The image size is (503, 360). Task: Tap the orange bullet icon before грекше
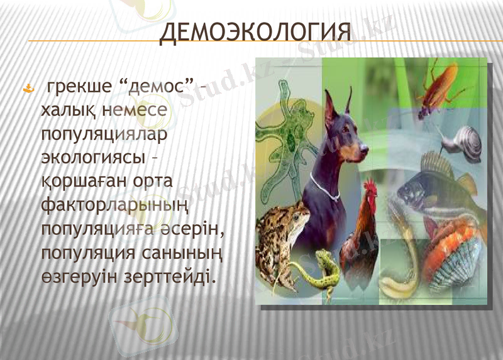[x=27, y=89]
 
